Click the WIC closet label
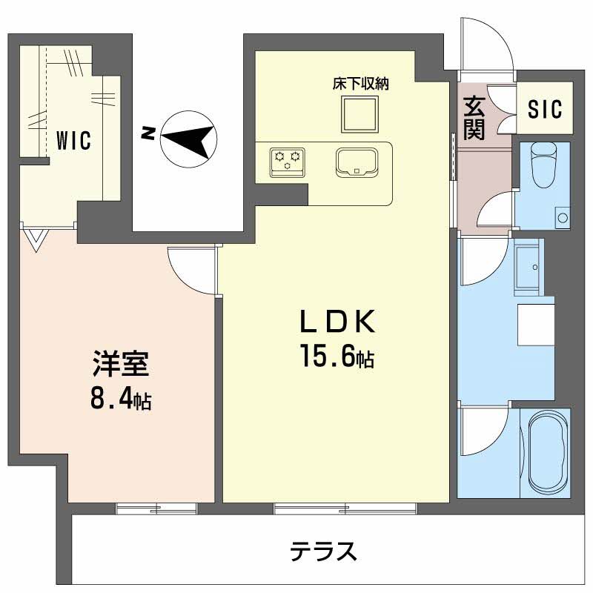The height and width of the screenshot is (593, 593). tap(73, 140)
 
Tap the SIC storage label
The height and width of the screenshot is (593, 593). tap(545, 109)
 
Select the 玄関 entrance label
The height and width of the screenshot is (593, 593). tap(474, 118)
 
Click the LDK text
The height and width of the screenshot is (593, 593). tap(337, 321)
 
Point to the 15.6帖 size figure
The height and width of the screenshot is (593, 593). tap(337, 356)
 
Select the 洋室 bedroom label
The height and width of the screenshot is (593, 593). tap(121, 364)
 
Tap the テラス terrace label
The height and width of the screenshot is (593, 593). tap(323, 551)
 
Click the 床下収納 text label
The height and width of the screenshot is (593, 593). tap(361, 84)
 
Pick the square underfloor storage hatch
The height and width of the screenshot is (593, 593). tap(360, 114)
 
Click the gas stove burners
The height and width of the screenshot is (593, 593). tap(288, 162)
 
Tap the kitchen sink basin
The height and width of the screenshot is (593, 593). tap(357, 162)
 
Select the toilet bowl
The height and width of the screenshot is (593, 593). tap(544, 163)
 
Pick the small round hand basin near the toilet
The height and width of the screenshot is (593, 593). tap(563, 218)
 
